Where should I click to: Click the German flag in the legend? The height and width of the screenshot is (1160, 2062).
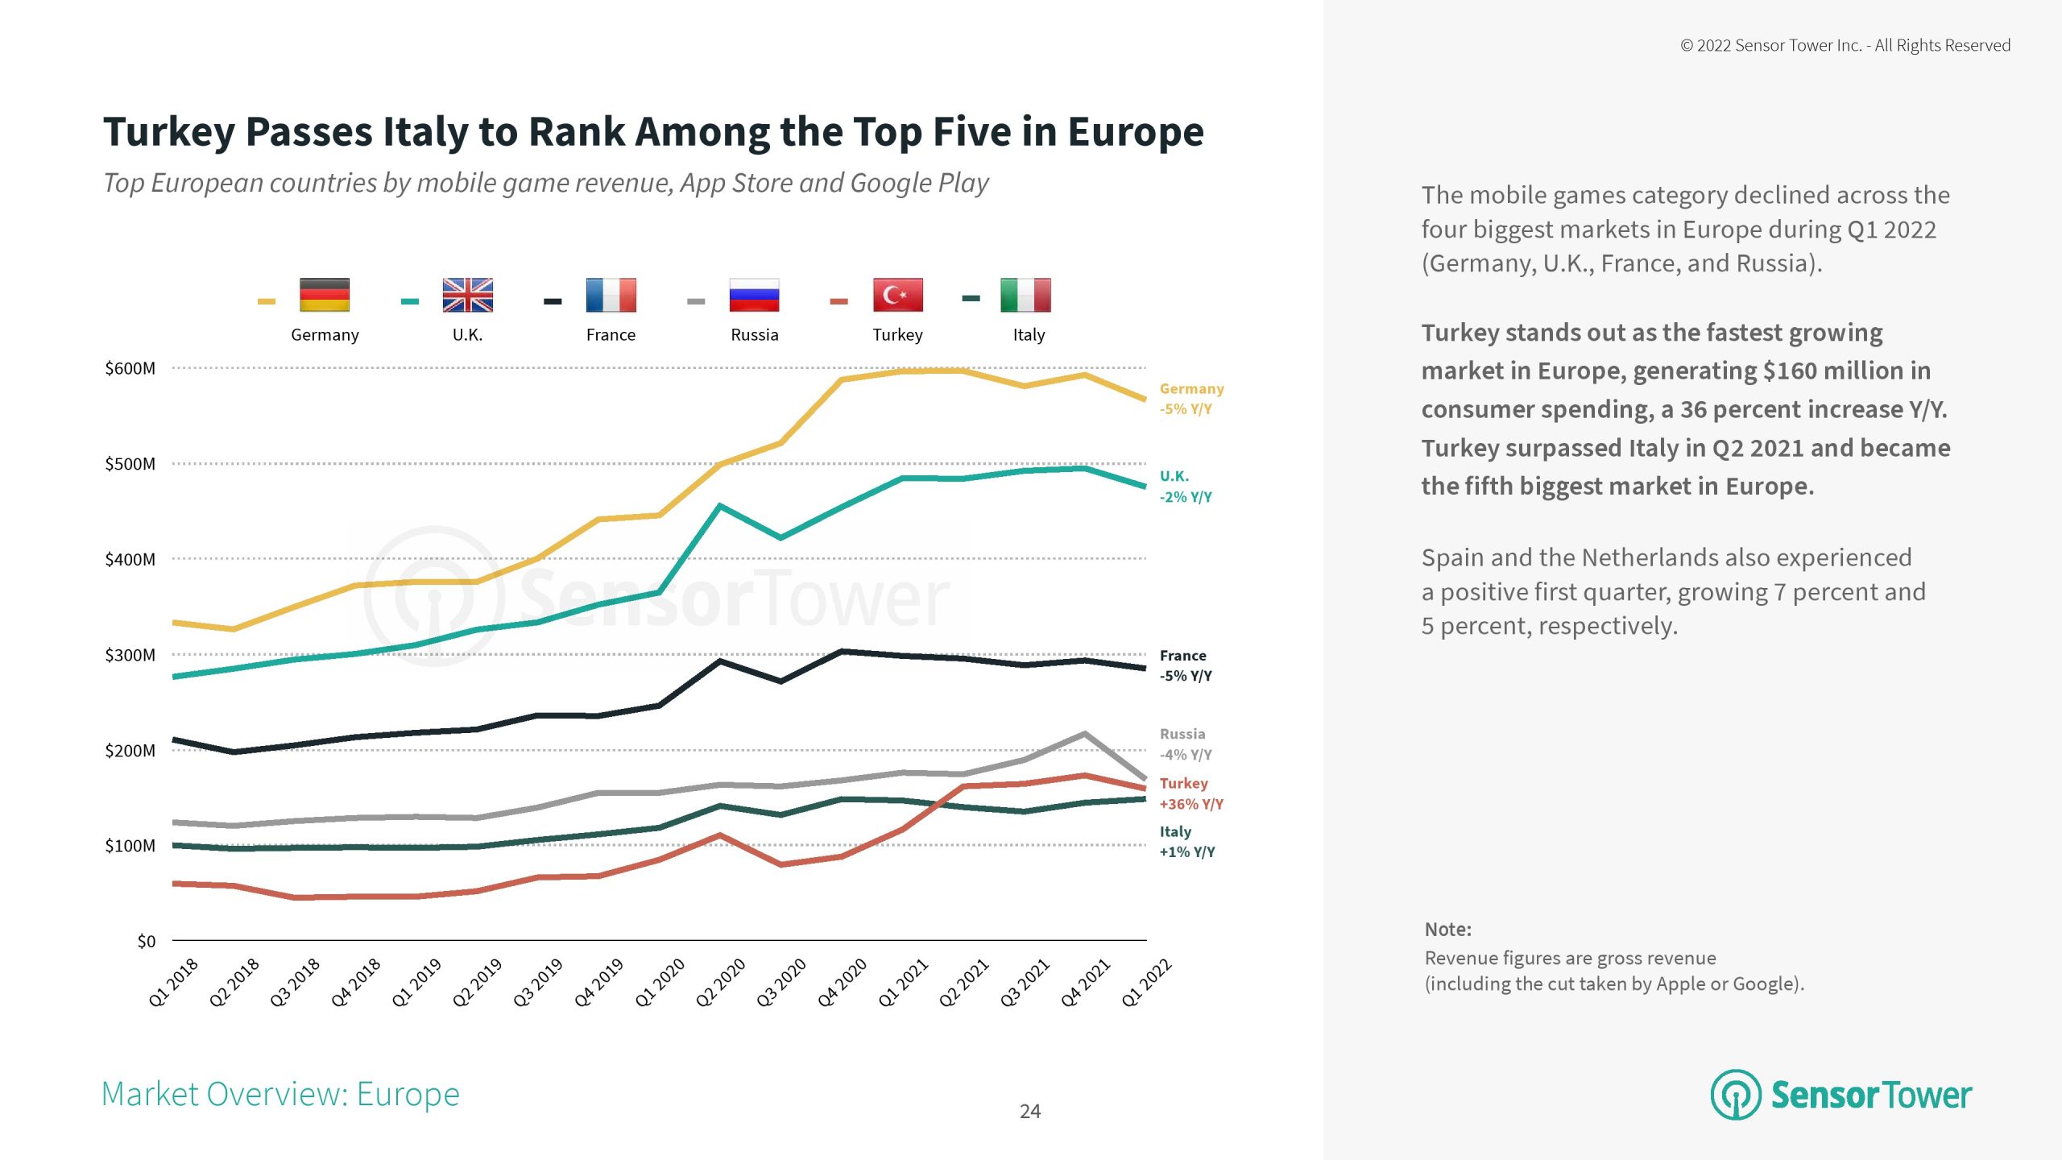325,295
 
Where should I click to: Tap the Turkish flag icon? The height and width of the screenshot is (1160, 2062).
897,295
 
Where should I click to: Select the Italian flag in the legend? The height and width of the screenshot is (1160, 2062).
1025,295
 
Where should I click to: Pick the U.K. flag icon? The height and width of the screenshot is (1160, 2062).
467,295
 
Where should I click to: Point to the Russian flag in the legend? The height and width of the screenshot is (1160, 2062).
754,295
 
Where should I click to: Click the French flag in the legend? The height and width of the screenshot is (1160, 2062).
611,295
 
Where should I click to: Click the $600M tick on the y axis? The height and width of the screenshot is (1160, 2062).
130,369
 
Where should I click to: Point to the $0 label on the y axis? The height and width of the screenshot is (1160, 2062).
146,941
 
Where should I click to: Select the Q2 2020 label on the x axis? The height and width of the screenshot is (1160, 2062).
721,982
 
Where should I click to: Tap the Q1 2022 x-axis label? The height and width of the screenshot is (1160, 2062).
1146,982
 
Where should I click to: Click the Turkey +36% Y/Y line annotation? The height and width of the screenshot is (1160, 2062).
1190,793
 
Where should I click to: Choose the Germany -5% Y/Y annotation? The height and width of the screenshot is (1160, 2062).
1191,399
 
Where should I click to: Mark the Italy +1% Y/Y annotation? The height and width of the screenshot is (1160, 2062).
1186,842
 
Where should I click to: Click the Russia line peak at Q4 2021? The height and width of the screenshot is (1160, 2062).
1085,734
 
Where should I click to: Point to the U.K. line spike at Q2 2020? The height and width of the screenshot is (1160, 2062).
719,506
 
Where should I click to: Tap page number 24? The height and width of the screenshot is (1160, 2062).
1030,1112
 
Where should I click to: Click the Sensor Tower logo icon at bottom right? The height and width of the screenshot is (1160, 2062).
1736,1094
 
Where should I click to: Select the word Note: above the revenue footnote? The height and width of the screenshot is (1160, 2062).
1447,930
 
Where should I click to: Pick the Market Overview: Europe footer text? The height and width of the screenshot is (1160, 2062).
280,1094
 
